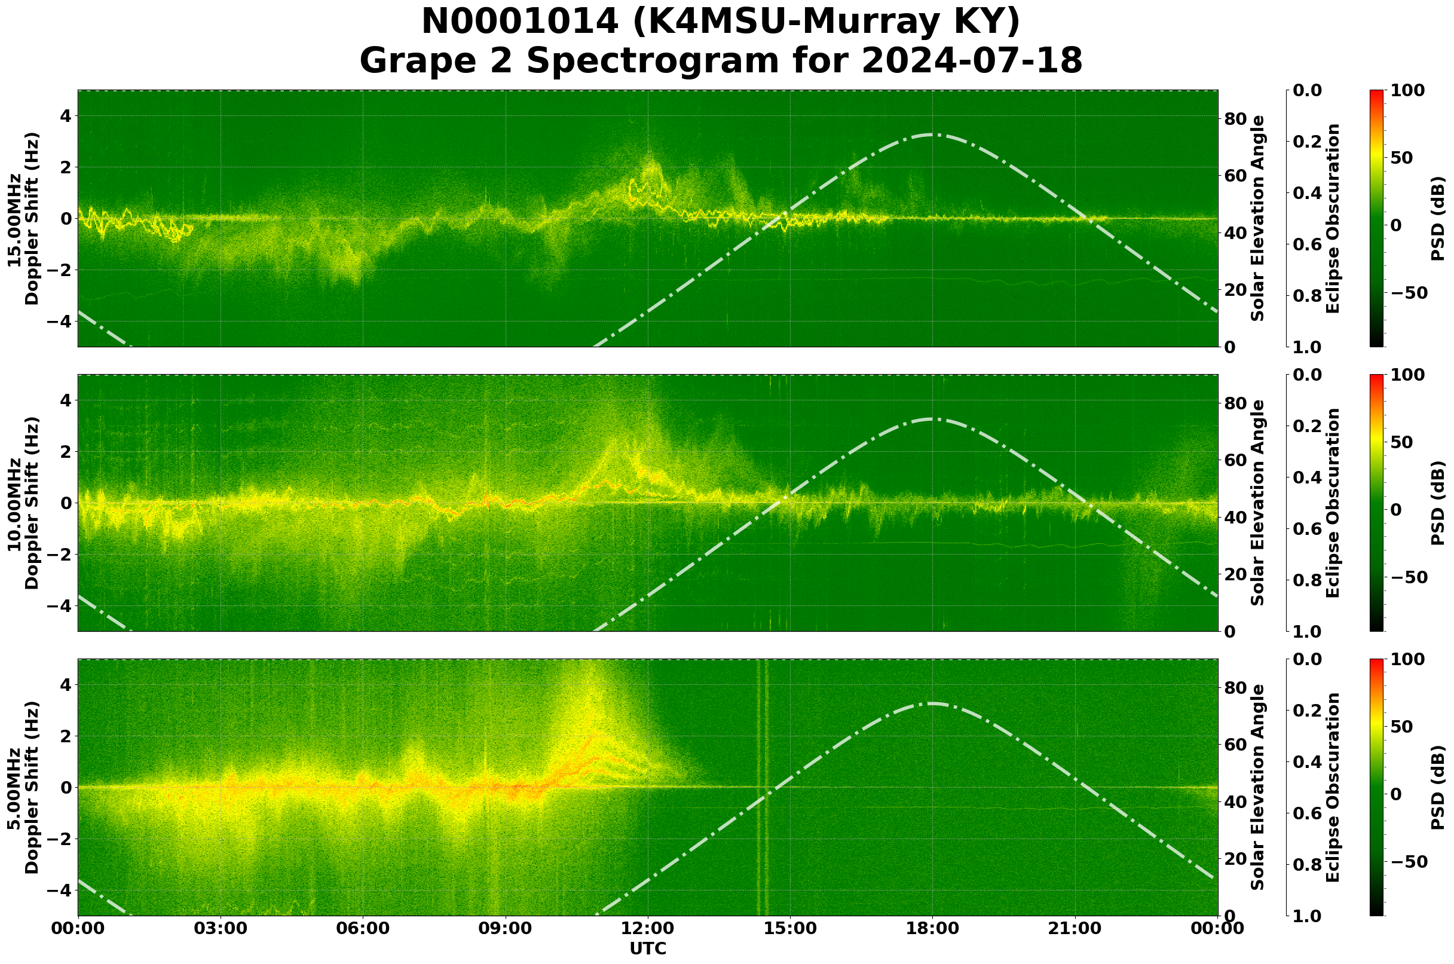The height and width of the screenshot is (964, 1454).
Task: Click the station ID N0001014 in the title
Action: tap(519, 22)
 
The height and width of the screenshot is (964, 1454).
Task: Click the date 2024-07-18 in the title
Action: tap(971, 62)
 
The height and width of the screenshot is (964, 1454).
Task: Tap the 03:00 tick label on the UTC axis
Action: tap(221, 928)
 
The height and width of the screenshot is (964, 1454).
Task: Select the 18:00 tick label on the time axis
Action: tap(933, 928)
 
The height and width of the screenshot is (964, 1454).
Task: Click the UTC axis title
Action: tap(648, 948)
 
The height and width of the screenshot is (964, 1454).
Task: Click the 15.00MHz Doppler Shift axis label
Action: tap(23, 218)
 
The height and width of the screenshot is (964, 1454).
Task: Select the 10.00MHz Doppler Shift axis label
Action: tap(23, 503)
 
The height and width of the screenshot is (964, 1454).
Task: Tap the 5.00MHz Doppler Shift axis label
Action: tap(23, 788)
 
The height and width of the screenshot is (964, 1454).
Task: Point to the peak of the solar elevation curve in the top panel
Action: tap(932, 134)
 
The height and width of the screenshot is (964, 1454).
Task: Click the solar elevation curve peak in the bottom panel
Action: tap(932, 703)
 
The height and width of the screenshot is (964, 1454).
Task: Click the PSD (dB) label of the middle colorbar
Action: tap(1437, 503)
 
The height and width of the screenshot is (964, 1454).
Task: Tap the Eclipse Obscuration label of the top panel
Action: tap(1332, 218)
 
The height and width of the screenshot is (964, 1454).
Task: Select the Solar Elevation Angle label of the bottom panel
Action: tap(1258, 788)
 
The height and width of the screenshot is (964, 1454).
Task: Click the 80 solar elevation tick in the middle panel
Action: tap(1235, 403)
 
